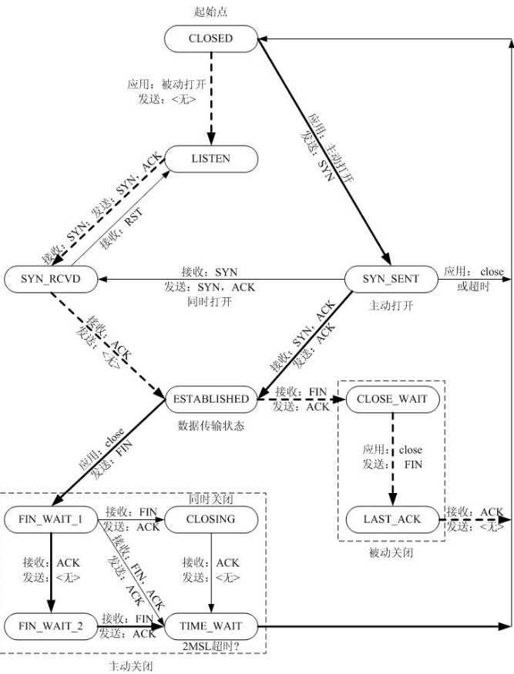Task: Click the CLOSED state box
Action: tap(210, 39)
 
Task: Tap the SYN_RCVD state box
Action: tap(52, 278)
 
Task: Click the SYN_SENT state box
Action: tap(390, 278)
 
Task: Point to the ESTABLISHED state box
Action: tap(210, 399)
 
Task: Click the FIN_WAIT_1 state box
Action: tap(52, 518)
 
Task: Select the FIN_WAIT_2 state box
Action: tap(52, 623)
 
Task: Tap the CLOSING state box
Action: tap(210, 518)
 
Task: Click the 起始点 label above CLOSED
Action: tap(210, 11)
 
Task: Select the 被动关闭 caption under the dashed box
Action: tap(391, 552)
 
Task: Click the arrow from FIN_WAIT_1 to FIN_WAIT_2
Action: tap(52, 570)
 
